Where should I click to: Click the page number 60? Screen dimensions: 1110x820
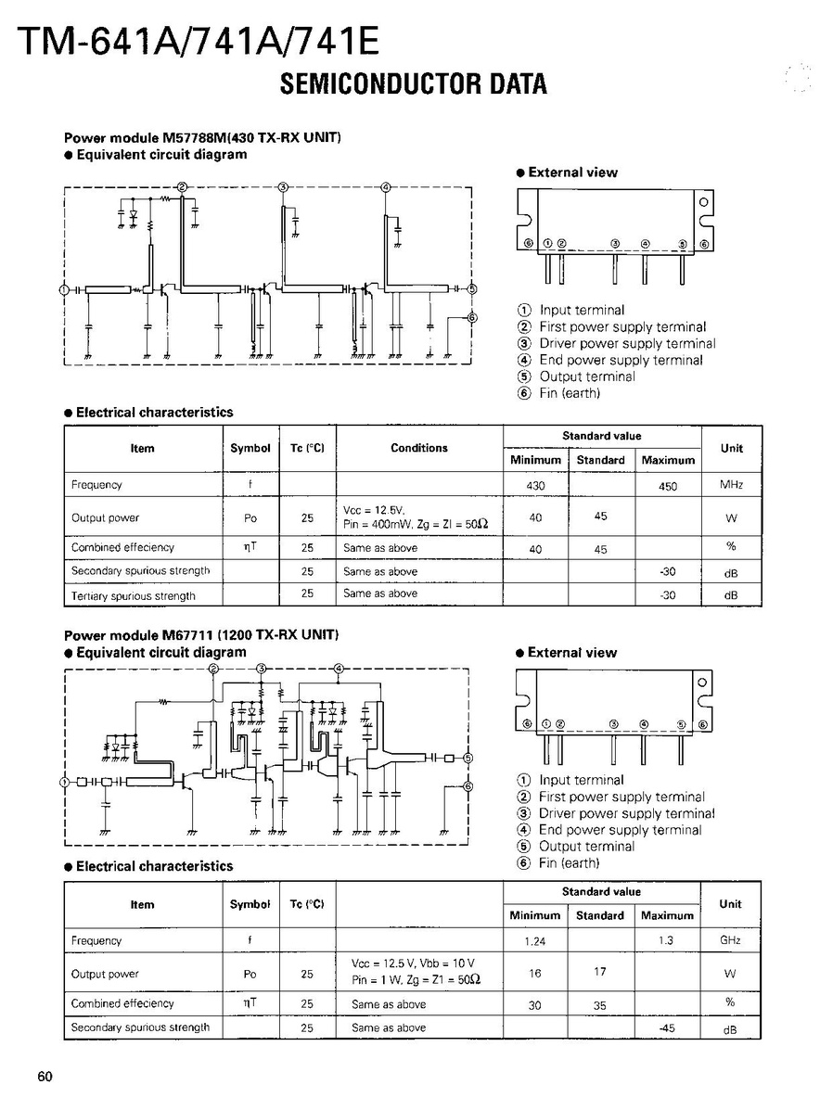point(45,1076)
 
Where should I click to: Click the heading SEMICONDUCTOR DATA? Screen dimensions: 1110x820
point(413,84)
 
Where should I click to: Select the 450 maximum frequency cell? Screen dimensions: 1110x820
point(668,485)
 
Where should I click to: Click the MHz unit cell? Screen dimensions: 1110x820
point(731,485)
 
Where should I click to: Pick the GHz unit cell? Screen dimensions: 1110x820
point(730,940)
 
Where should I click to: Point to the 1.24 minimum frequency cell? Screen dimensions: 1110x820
point(534,941)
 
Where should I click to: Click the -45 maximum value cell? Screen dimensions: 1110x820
point(667,1027)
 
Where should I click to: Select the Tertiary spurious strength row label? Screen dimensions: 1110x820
point(134,595)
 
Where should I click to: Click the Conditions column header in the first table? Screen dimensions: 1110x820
point(419,448)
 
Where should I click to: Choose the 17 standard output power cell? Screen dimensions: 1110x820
point(600,972)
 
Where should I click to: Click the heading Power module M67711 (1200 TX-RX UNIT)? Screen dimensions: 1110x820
point(200,635)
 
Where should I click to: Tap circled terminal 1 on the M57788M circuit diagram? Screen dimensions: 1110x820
point(63,290)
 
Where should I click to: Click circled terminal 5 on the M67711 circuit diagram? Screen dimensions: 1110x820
point(468,758)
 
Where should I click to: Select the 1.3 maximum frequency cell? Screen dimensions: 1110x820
point(667,940)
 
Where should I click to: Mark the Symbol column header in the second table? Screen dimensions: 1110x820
point(250,904)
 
